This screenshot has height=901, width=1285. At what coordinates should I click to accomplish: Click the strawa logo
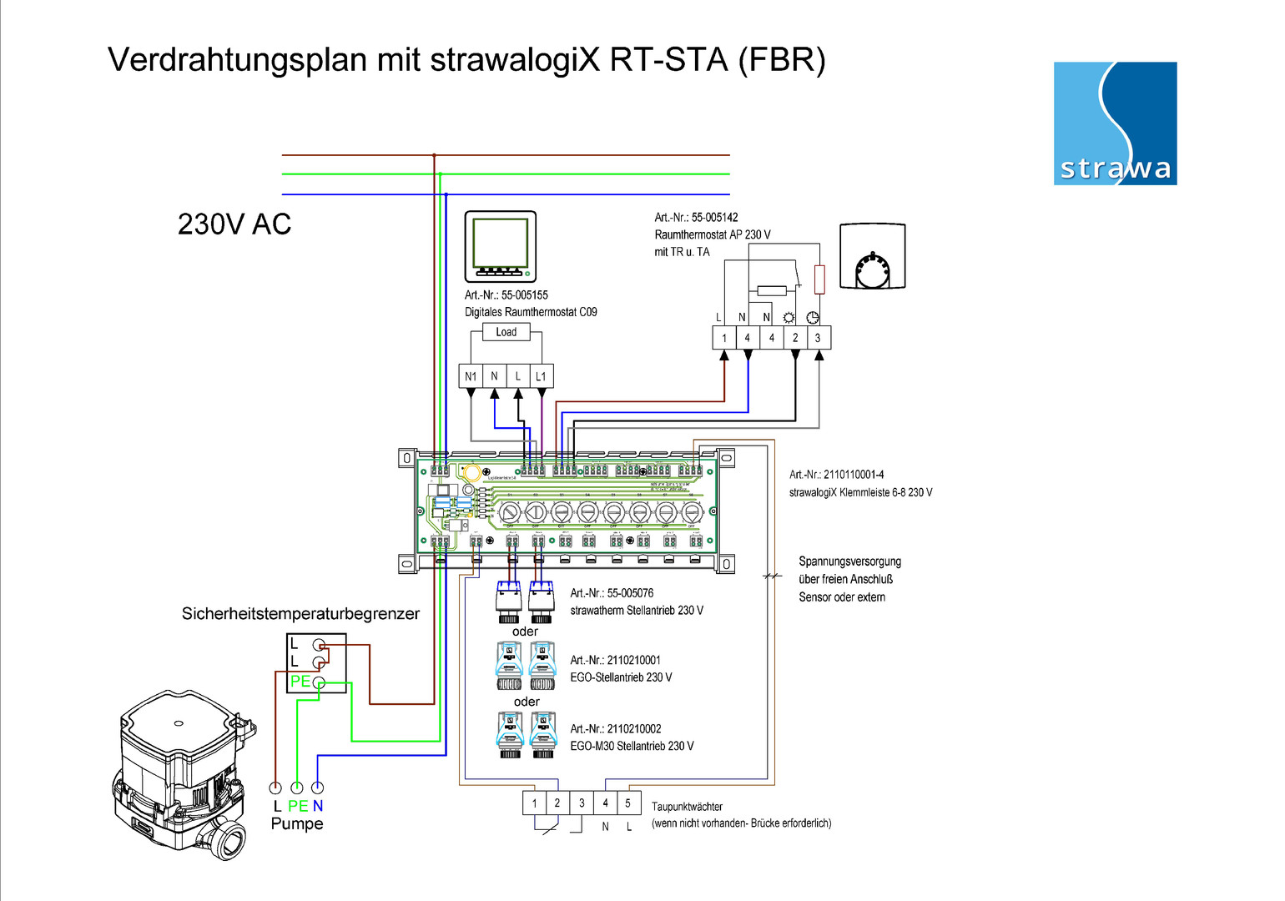pos(1115,123)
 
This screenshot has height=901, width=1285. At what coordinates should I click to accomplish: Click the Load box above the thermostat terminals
pos(506,332)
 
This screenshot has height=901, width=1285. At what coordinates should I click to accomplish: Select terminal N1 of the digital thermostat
pos(471,376)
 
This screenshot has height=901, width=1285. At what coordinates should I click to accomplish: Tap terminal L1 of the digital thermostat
pos(541,376)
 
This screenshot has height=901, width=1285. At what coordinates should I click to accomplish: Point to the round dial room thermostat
pos(872,256)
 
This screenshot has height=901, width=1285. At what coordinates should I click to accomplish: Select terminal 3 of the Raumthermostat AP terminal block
pos(818,338)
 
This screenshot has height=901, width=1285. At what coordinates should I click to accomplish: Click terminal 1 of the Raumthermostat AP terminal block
pos(724,338)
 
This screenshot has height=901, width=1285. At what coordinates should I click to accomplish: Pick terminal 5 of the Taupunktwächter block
pos(628,803)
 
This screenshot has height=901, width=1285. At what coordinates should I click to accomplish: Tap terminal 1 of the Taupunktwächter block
pos(534,803)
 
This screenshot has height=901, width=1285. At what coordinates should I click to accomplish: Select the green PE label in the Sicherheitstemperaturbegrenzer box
pos(300,682)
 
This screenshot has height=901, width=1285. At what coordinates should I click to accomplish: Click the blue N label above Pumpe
pos(318,806)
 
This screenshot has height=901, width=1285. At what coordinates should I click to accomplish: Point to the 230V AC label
pos(234,224)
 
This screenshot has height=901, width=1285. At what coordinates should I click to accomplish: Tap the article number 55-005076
pos(630,593)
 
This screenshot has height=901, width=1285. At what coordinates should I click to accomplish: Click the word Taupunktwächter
pos(687,807)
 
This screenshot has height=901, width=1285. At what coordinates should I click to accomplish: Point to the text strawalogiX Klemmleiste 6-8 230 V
pos(860,492)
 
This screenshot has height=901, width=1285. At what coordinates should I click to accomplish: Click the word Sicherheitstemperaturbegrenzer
pos(300,614)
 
